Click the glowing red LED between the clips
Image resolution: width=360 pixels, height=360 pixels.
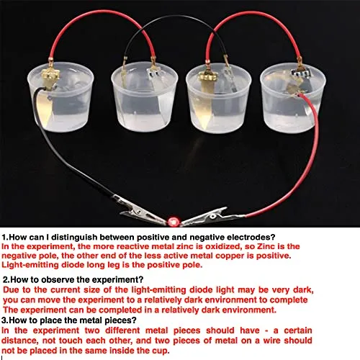pyautogui.click(x=173, y=222)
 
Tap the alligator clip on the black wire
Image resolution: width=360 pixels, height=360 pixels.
pyautogui.click(x=139, y=211)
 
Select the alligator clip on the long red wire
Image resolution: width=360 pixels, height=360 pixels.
pyautogui.click(x=211, y=217)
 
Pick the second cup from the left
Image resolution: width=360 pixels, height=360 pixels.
pyautogui.click(x=145, y=96)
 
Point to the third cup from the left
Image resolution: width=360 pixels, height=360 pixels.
pyautogui.click(x=219, y=98)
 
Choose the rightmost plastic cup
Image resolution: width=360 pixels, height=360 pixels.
pyautogui.click(x=293, y=98)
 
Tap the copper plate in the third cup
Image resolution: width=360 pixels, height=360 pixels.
pyautogui.click(x=205, y=101)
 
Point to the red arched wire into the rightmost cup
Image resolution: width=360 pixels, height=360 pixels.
pyautogui.click(x=254, y=12)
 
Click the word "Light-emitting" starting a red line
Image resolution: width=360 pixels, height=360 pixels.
pyautogui.click(x=30, y=265)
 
